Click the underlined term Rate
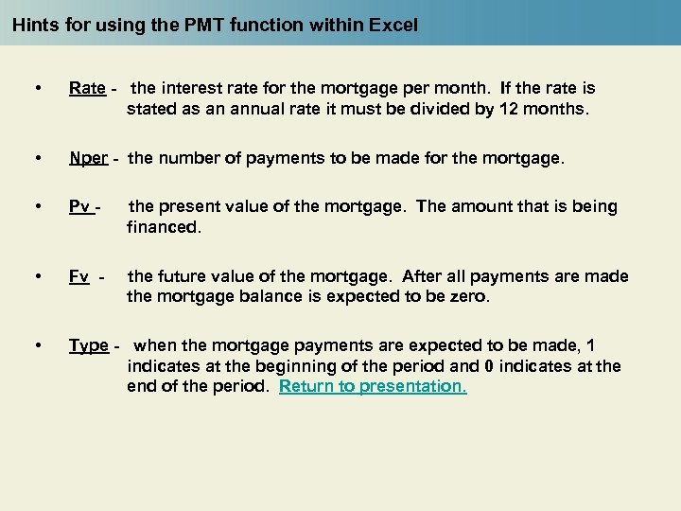[87, 89]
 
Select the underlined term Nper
[89, 159]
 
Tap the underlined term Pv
[80, 206]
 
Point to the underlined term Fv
[79, 277]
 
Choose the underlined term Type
[89, 346]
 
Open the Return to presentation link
[373, 387]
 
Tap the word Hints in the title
[36, 26]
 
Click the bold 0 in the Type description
[489, 366]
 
